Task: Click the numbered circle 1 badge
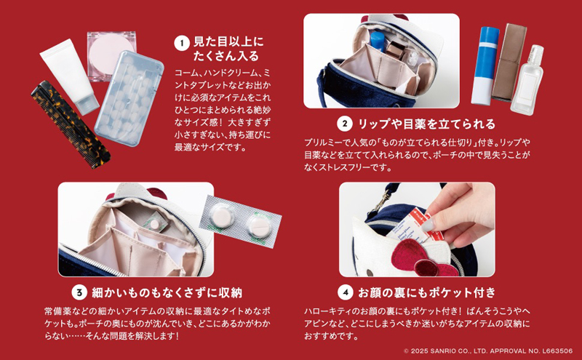(x=182, y=43)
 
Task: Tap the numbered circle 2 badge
(x=344, y=124)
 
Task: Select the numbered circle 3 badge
(x=79, y=293)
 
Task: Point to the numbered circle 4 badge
(x=345, y=293)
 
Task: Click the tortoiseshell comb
(x=70, y=124)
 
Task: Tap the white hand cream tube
(x=69, y=77)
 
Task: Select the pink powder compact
(x=111, y=55)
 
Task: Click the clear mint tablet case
(x=129, y=98)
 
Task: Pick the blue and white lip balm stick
(x=485, y=65)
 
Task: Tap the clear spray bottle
(x=527, y=80)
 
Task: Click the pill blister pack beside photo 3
(x=240, y=222)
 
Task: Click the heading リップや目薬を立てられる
(x=426, y=124)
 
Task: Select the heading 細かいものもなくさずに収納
(x=167, y=293)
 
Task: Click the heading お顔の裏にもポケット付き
(x=427, y=293)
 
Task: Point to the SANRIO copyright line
(x=488, y=351)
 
